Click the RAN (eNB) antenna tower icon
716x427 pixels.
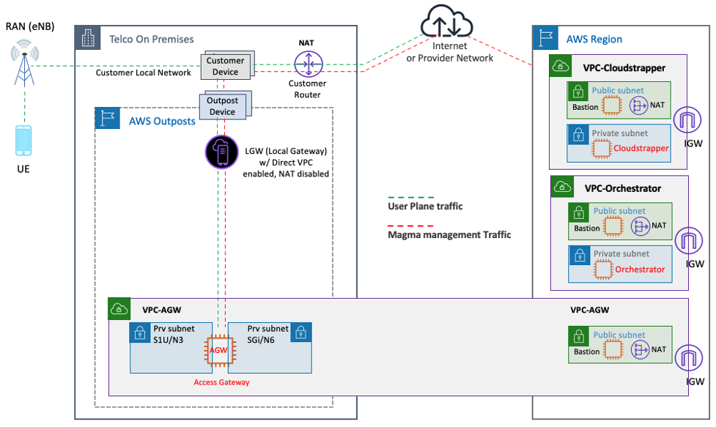(25, 63)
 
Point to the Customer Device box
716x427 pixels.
(225, 66)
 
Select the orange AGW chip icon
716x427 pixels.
(219, 349)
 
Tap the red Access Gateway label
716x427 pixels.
(221, 382)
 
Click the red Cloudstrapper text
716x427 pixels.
(641, 147)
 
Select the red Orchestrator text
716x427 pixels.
(640, 269)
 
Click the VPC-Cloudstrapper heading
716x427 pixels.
(624, 68)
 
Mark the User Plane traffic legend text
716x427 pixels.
(425, 207)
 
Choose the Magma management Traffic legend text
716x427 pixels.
(449, 235)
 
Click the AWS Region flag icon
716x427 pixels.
(545, 39)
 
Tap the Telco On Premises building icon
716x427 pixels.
(88, 39)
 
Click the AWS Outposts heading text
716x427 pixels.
(162, 121)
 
